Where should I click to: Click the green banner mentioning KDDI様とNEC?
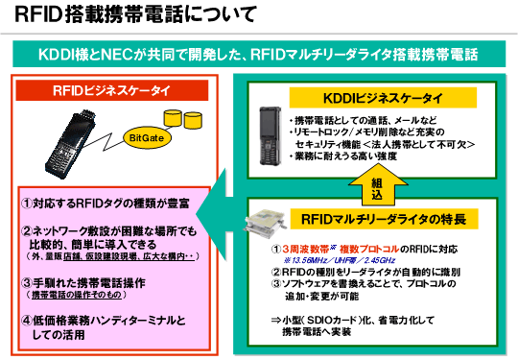(258, 52)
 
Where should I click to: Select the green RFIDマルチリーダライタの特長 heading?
(378, 220)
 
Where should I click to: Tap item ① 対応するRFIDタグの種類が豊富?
(106, 205)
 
